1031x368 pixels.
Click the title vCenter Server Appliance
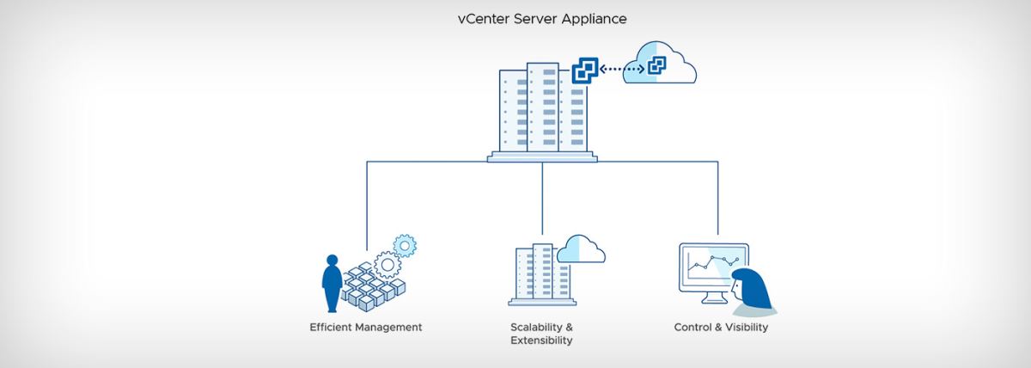point(542,19)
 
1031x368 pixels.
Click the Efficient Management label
point(366,328)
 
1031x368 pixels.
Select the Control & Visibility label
point(721,328)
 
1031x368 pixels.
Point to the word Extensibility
point(542,340)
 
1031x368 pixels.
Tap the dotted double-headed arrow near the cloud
point(622,69)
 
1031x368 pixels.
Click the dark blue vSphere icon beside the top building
point(585,71)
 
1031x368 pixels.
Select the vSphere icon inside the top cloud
point(656,65)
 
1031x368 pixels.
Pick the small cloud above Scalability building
point(581,250)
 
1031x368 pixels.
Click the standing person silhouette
point(332,283)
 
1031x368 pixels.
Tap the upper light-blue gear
point(405,246)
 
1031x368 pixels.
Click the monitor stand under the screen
point(714,298)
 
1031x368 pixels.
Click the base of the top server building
point(542,157)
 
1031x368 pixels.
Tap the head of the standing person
point(332,261)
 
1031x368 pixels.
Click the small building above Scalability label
point(542,274)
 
